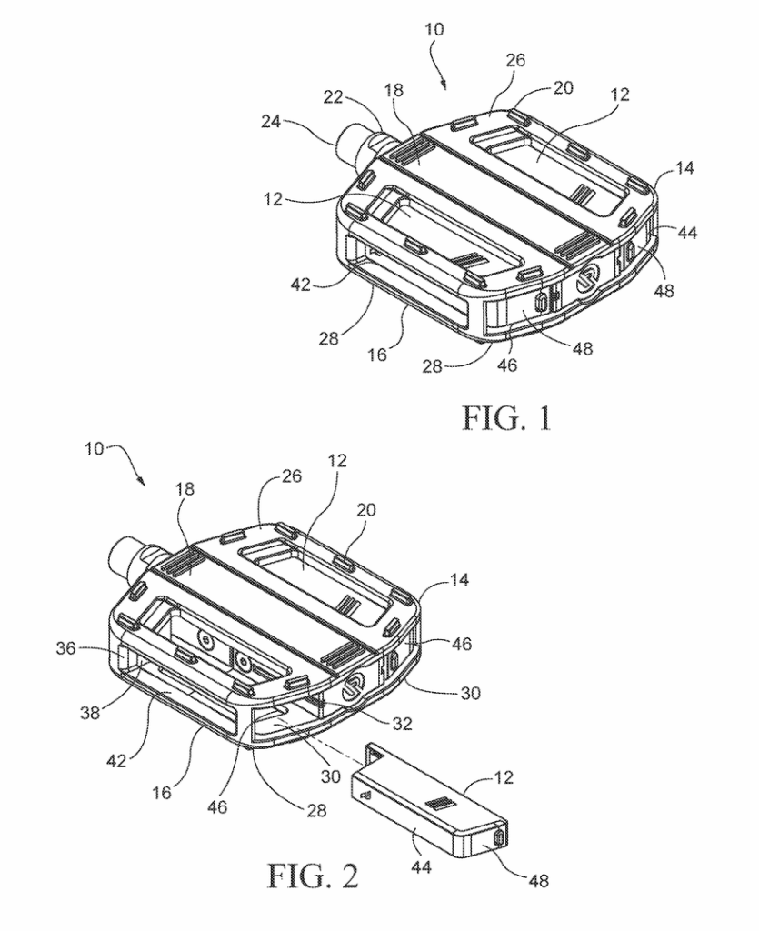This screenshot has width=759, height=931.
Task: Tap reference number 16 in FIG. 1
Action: pos(377,355)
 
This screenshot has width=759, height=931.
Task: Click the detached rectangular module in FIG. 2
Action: pos(427,800)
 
